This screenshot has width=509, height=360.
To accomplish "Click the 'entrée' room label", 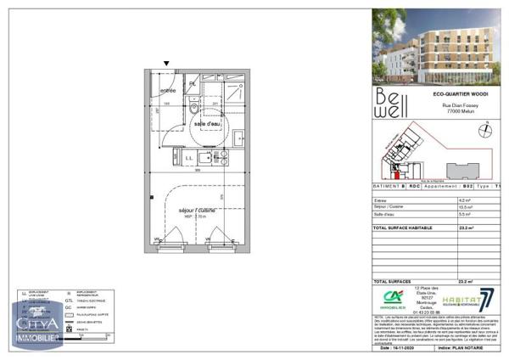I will pos(168,91).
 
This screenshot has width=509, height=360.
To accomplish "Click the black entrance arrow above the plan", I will pos(166,64).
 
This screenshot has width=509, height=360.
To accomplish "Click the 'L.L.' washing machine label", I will pos(189,157).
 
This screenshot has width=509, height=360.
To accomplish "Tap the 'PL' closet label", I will pos(193,83).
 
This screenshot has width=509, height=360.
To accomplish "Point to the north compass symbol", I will pos(486,129).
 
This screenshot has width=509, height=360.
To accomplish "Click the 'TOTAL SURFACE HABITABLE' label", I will pos(403,228).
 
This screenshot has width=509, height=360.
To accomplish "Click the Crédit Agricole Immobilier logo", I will pos(392,299).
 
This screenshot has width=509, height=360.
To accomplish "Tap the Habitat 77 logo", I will pos(474,300).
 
